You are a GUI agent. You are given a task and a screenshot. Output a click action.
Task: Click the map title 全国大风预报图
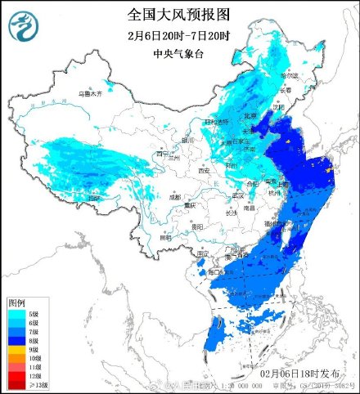click(x=179, y=16)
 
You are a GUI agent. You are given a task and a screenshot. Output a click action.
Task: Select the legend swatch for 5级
click(x=15, y=314)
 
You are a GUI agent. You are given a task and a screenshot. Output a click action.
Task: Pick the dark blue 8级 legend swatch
click(x=15, y=339)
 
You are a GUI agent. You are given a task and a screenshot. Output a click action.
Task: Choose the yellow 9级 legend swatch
click(x=15, y=348)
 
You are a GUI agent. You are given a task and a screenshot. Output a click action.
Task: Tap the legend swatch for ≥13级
click(x=15, y=383)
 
